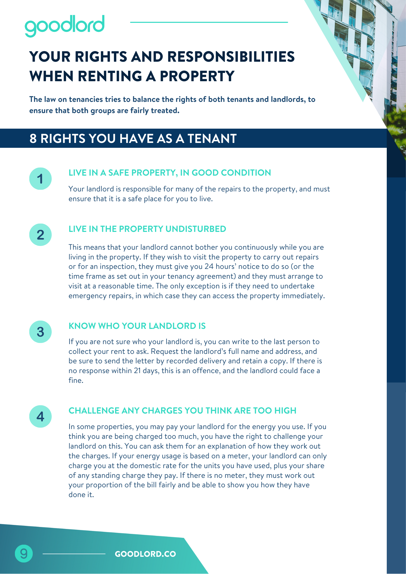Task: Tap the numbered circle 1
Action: (40, 179)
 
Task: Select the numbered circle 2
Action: (40, 235)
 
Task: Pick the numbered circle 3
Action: (40, 332)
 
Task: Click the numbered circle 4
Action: (40, 416)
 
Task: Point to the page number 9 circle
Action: (24, 553)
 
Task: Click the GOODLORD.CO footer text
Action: (145, 554)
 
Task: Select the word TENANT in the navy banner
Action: (212, 139)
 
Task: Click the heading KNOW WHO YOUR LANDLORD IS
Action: (137, 326)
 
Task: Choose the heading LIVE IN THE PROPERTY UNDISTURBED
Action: (147, 229)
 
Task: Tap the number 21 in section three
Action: (137, 371)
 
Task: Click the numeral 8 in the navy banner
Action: (33, 139)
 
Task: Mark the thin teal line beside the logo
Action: (209, 22)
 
